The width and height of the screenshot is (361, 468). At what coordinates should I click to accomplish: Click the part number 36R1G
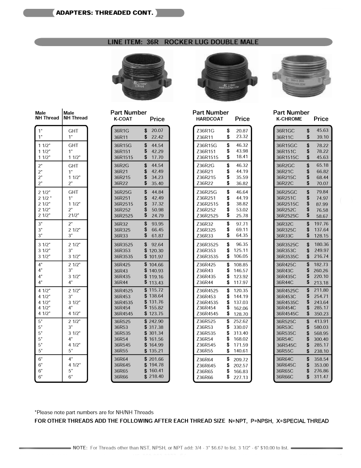(122, 131)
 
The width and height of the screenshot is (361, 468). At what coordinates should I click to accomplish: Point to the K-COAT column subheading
(123, 119)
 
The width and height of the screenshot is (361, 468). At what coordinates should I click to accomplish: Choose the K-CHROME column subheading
(289, 119)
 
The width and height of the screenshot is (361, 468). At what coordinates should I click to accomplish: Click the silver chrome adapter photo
(300, 78)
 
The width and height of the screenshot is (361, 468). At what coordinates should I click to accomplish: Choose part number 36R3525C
(288, 244)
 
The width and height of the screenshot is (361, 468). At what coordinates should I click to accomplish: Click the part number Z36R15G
(207, 145)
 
